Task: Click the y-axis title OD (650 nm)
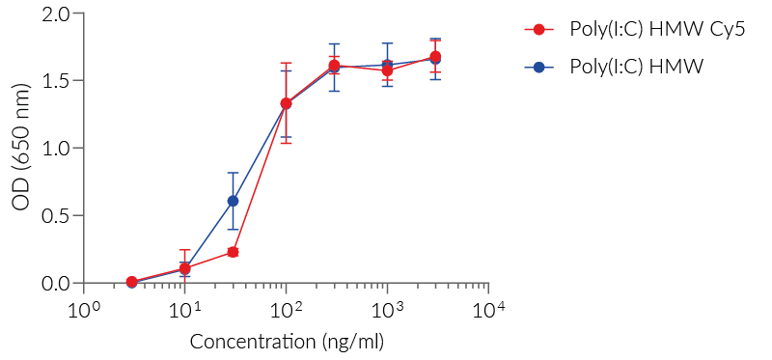pos(21,149)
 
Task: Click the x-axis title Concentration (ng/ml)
pos(286,342)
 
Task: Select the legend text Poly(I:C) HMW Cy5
pos(650,30)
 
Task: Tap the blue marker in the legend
pos(539,67)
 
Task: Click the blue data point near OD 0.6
pos(233,201)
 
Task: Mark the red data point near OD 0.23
pos(233,252)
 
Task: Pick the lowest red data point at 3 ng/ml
pos(131,282)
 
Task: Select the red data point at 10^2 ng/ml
pos(286,103)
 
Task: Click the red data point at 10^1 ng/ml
pos(184,268)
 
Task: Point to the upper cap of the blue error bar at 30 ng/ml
pos(233,173)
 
